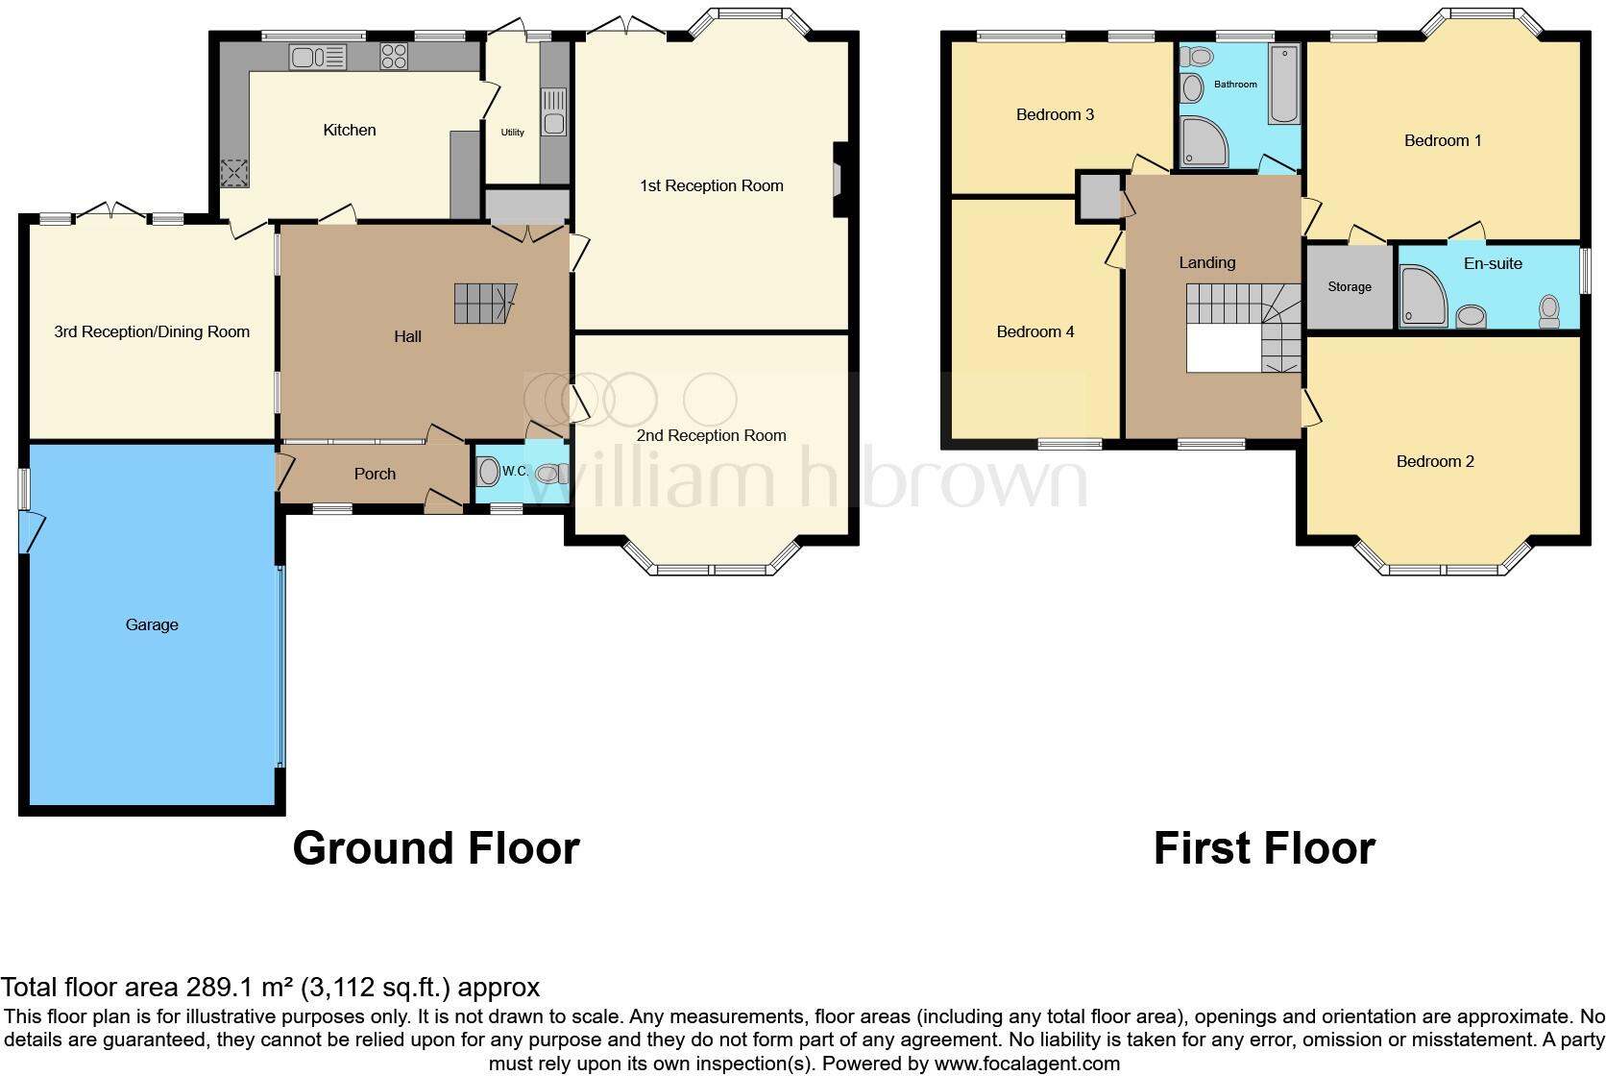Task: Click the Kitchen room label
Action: tap(349, 130)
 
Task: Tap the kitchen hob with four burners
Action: tap(394, 57)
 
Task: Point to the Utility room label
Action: tap(512, 133)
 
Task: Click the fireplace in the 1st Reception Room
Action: tap(839, 180)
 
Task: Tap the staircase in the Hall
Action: tap(484, 304)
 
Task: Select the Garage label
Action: tap(152, 624)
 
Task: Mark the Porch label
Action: tap(375, 474)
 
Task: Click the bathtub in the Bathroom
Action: tap(1283, 85)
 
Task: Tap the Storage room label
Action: tap(1349, 286)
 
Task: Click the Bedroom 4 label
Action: tap(1035, 331)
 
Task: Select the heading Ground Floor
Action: tap(435, 848)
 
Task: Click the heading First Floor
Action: tap(1263, 848)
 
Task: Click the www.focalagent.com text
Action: tap(1027, 1064)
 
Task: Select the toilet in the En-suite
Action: tap(1548, 310)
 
